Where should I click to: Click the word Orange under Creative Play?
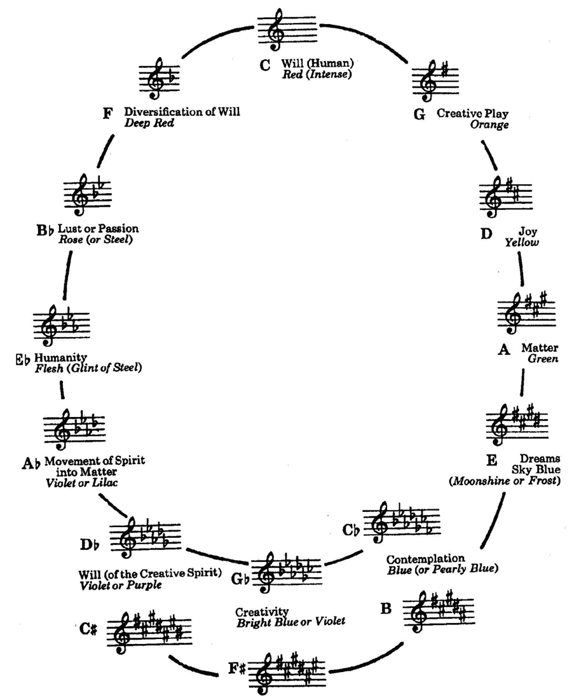click(489, 125)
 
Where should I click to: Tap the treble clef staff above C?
click(286, 30)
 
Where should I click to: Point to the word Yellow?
click(522, 243)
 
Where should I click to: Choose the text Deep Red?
click(149, 123)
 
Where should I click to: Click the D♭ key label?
click(89, 544)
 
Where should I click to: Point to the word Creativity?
click(262, 611)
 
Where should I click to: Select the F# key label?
click(236, 669)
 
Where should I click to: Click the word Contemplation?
click(426, 559)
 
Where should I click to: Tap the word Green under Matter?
click(542, 359)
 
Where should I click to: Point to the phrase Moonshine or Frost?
click(504, 481)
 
